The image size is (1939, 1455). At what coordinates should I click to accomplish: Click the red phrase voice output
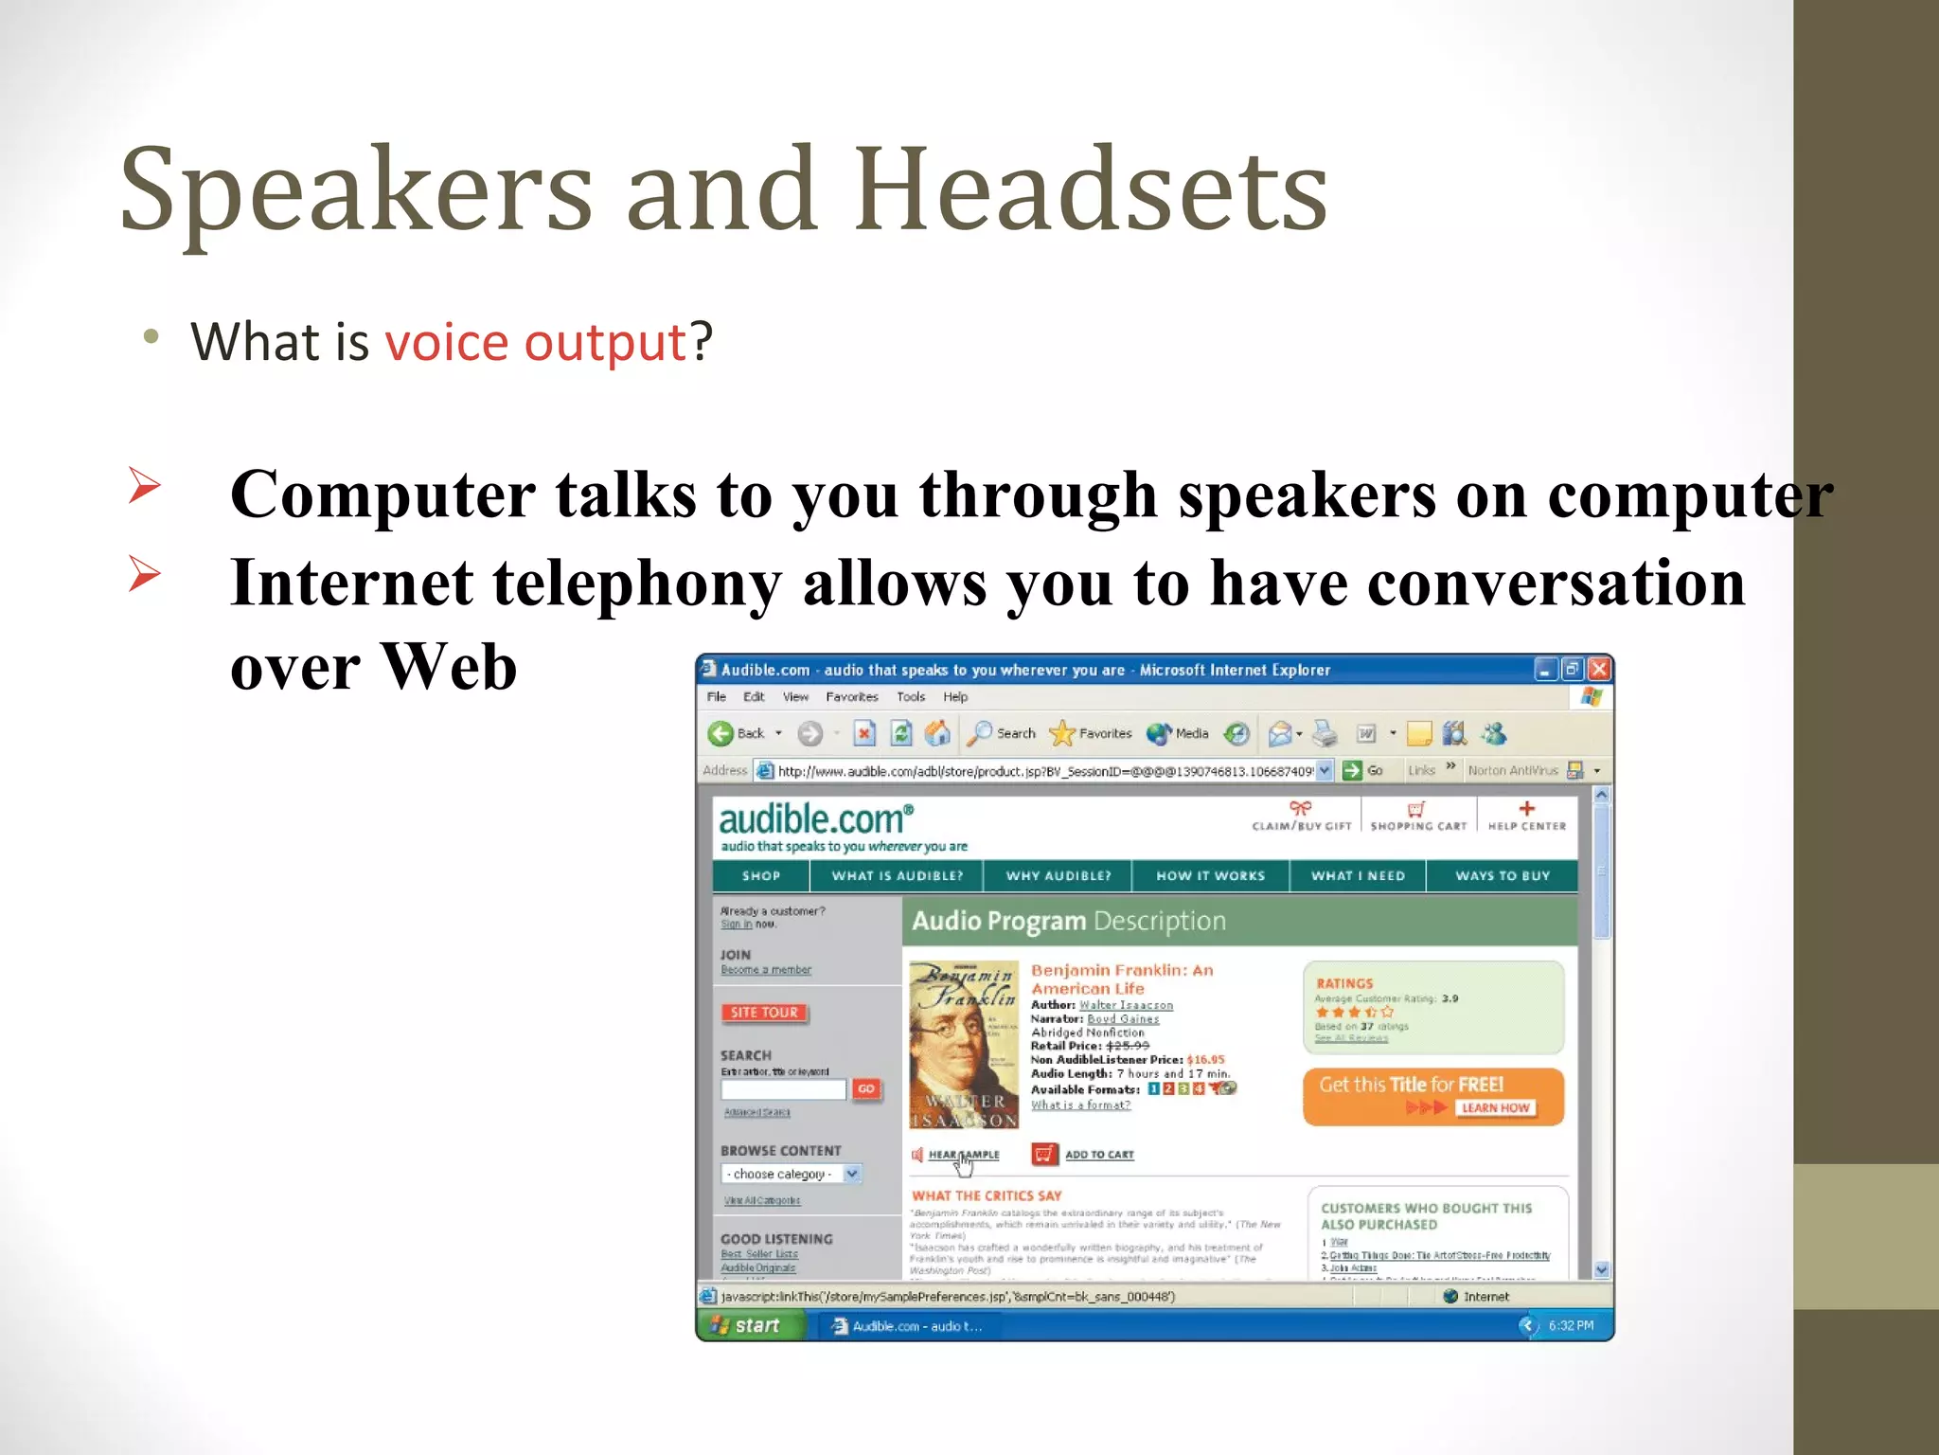coord(535,342)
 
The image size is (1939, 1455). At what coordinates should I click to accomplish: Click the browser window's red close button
coord(1599,670)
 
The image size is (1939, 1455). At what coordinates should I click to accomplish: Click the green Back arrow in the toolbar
coord(720,733)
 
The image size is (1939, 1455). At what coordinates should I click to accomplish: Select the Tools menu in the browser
coord(910,697)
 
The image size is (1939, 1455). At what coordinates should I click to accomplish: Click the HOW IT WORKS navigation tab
coord(1210,876)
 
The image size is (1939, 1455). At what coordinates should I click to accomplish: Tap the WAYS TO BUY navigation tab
coord(1503,876)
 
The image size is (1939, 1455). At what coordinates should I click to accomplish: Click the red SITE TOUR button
coord(764,1013)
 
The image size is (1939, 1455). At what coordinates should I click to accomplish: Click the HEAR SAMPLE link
coord(963,1155)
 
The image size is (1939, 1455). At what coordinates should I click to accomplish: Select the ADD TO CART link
coord(1098,1155)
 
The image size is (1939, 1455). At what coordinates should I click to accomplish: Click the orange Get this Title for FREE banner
coord(1432,1096)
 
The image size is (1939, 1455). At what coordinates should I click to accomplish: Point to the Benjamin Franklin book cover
coord(963,1045)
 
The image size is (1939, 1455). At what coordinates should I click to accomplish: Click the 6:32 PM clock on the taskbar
coord(1570,1326)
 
